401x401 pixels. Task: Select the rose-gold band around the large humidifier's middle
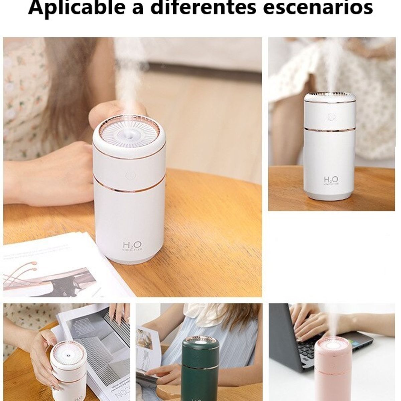129,190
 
